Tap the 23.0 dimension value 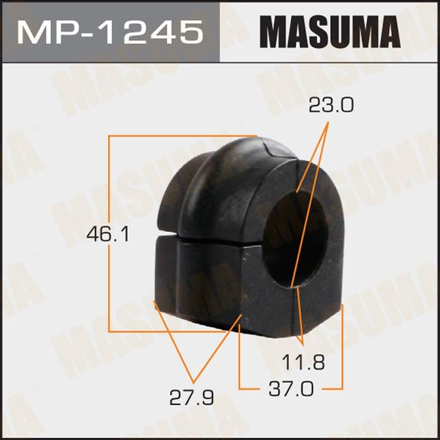[331, 105]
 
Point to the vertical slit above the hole [297, 176]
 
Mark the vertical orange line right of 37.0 [342, 344]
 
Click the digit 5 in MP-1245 [192, 31]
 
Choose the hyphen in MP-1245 [89, 32]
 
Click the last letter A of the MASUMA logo [388, 32]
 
